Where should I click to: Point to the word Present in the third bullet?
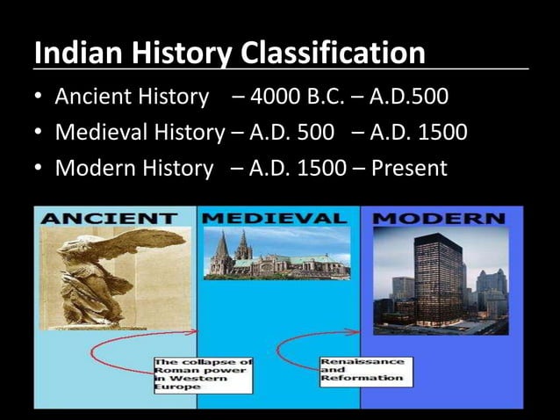(x=409, y=166)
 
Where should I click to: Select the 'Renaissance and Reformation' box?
(x=349, y=369)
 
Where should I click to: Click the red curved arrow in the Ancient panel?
(x=110, y=360)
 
